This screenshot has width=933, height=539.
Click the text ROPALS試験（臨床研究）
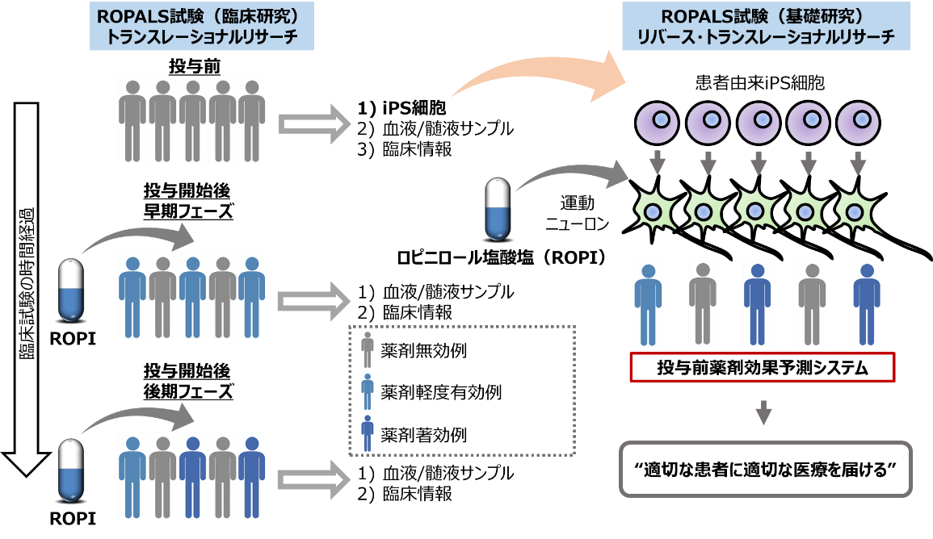201,18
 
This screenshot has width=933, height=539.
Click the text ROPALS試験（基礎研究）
765,18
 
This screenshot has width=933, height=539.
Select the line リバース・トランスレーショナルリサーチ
765,37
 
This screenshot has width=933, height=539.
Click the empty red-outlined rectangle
762,367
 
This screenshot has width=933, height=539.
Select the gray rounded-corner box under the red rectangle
765,469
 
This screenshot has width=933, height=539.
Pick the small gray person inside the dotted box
368,349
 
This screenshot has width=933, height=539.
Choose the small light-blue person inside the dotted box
368,391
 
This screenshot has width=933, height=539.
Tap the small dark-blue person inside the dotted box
368,432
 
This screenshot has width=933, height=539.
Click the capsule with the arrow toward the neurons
498,209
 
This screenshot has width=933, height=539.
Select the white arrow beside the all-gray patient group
314,123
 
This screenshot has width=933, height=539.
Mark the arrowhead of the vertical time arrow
27,462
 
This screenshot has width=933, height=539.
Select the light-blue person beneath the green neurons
648,303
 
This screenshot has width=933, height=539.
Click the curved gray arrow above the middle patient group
137,236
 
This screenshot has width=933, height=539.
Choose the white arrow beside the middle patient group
314,301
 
